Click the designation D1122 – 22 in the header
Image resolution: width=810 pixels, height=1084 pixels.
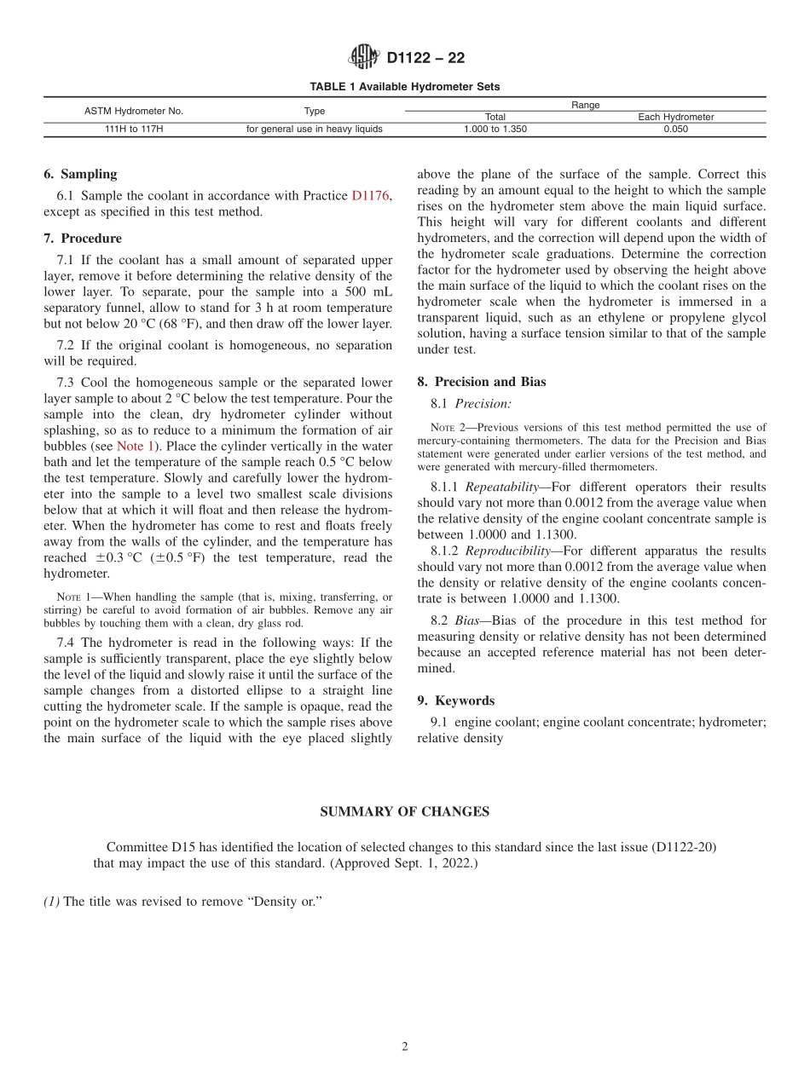[x=425, y=59]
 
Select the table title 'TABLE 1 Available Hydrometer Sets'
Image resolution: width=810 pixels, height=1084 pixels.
[x=404, y=87]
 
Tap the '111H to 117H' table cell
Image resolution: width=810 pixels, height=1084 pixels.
[x=133, y=130]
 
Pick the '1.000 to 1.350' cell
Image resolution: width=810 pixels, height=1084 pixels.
[x=495, y=130]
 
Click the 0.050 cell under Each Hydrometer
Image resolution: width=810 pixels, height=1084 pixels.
[x=675, y=130]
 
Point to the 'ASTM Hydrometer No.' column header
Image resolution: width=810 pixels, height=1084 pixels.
[x=133, y=111]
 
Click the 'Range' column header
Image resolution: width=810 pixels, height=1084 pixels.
[x=585, y=105]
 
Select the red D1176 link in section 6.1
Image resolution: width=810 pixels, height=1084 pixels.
[x=371, y=196]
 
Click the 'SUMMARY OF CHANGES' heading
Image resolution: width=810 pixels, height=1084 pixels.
[x=404, y=811]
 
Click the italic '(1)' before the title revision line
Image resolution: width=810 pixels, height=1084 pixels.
[x=51, y=902]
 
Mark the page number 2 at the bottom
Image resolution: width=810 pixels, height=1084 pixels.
[x=405, y=1047]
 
